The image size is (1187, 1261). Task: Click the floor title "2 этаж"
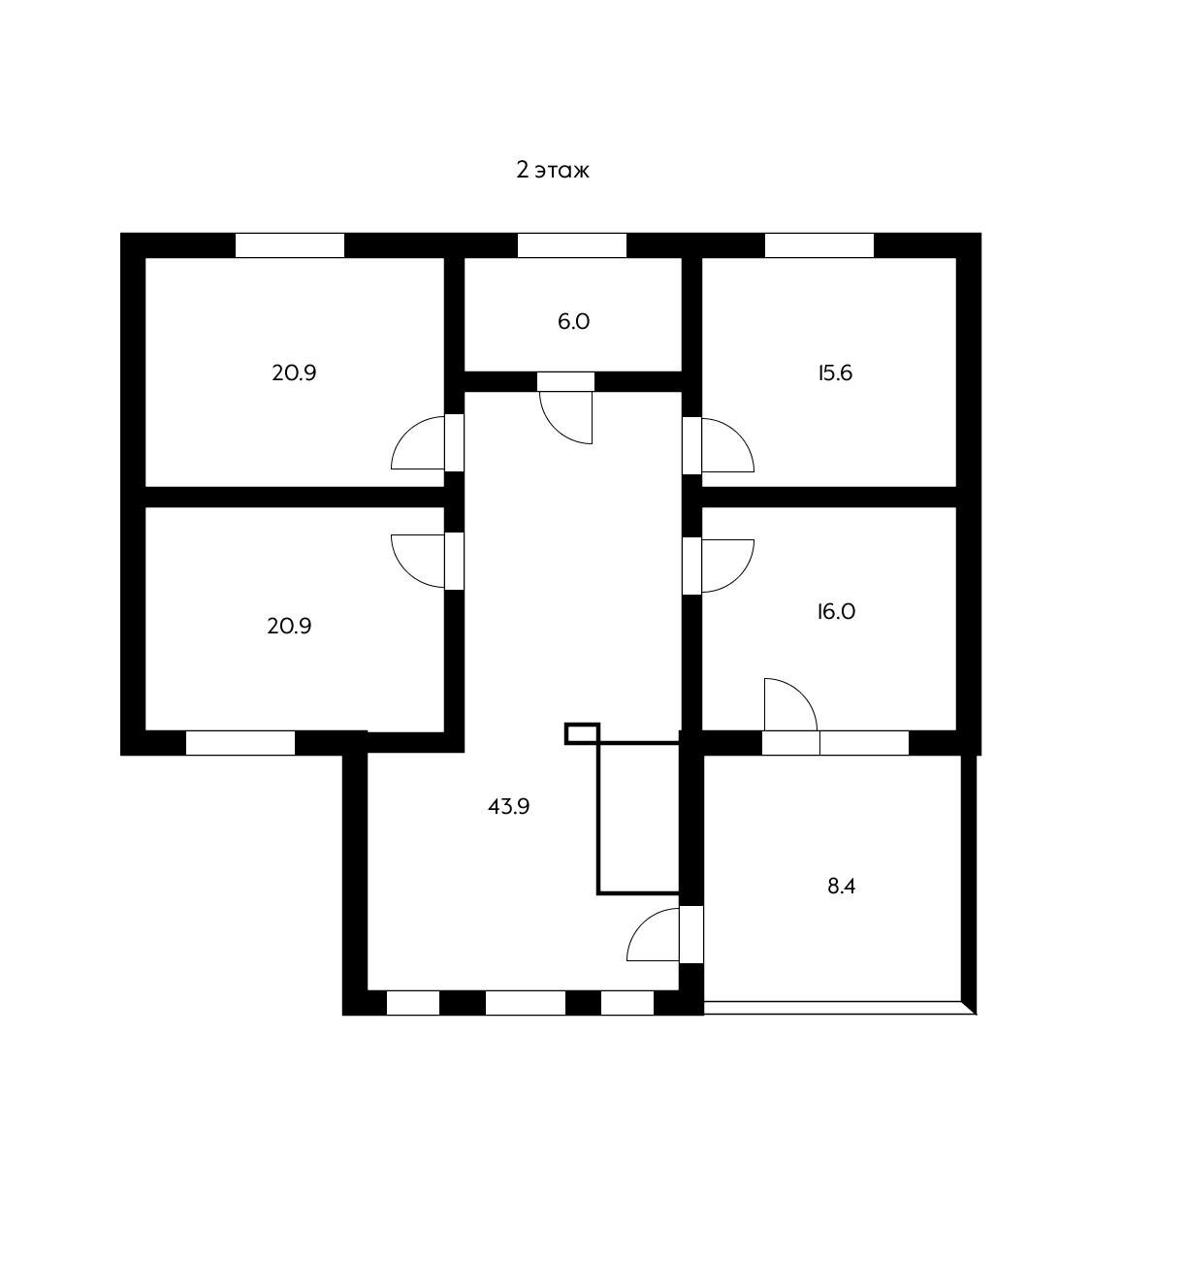pos(553,170)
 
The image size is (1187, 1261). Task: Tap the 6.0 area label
pos(573,322)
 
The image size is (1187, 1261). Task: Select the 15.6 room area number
pos(835,373)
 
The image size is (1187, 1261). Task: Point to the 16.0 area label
pos(836,611)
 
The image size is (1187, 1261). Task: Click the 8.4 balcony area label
pos(841,886)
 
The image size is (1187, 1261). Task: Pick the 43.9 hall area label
pos(508,806)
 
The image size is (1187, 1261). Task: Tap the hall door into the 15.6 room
pos(718,445)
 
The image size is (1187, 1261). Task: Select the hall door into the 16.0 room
pos(718,566)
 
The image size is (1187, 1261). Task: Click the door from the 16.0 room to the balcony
pos(790,716)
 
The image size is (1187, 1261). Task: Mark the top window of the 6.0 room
pos(571,245)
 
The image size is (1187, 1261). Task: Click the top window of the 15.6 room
pos(819,245)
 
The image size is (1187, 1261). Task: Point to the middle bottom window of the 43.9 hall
pos(526,1003)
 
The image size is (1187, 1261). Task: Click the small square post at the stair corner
pos(582,733)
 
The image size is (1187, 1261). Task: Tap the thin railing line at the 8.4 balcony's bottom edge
pos(839,1008)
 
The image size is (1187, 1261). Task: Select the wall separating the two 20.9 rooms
pos(295,498)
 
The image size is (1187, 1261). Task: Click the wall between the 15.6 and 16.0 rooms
pos(829,498)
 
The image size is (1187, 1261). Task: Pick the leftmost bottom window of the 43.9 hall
pos(413,1003)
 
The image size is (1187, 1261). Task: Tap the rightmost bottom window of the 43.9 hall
pos(627,1003)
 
